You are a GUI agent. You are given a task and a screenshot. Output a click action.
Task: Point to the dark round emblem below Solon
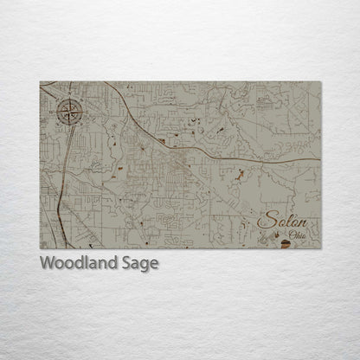point(288,246)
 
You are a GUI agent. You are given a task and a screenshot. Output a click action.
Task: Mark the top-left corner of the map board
point(40,82)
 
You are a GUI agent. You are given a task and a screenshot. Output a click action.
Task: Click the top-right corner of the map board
point(320,82)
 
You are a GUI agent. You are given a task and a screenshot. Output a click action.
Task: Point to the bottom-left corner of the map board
point(40,249)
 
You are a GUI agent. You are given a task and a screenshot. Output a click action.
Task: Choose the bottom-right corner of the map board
point(320,249)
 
